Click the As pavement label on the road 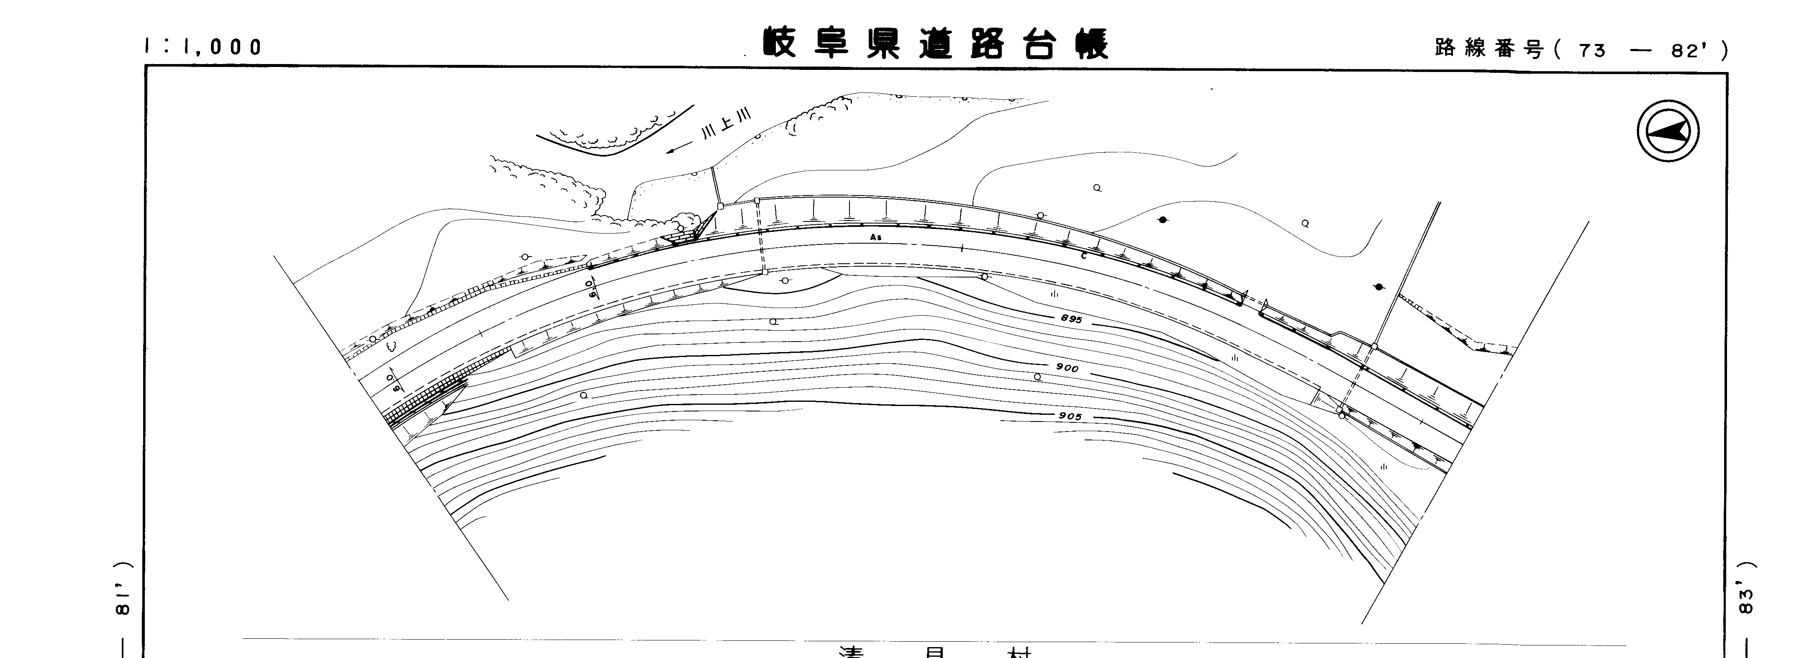[x=876, y=237]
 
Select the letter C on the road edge [x=1083, y=256]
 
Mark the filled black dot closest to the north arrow [x=1378, y=286]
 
